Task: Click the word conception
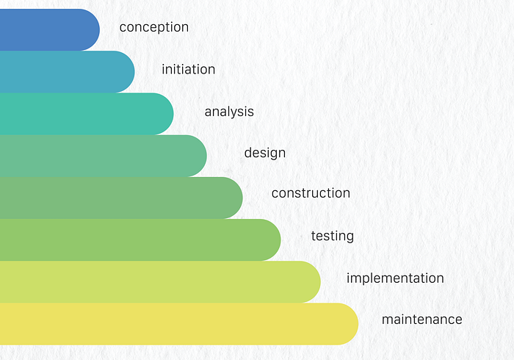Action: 154,27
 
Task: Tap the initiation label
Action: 189,69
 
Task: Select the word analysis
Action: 229,112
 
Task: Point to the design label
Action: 265,153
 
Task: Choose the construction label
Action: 311,192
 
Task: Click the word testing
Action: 333,236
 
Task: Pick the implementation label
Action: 395,278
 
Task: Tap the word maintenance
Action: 422,320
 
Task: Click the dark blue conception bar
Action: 50,30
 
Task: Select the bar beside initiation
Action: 68,72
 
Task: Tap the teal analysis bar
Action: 87,114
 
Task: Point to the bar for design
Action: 104,156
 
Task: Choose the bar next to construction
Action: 121,198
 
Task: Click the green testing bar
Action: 140,240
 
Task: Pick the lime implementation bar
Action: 160,282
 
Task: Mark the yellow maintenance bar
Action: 179,324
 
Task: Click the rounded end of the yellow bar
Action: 358,324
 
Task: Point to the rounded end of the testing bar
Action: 280,240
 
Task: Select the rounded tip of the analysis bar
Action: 173,114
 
